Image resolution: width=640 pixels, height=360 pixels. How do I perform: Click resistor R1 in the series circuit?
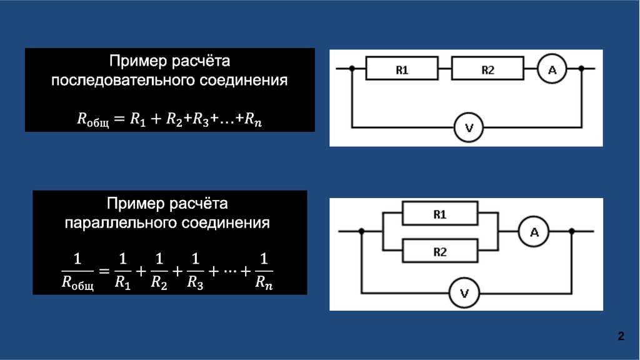(x=402, y=71)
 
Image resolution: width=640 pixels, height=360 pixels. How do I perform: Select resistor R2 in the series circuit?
(x=487, y=71)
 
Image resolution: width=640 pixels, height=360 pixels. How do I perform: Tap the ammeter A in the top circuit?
(x=552, y=71)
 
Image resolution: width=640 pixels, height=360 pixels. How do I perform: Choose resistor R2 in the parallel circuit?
(x=439, y=252)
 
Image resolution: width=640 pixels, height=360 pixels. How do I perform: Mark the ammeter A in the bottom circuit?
(x=534, y=232)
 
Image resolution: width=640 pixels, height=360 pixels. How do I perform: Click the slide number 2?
(x=621, y=337)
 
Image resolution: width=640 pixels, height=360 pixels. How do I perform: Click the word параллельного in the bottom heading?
(x=121, y=222)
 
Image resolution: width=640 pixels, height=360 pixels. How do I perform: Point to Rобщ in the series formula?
(x=92, y=120)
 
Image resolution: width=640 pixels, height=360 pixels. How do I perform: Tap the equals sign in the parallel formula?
(x=104, y=271)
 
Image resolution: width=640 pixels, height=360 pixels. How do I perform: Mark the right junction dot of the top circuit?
(x=582, y=69)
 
